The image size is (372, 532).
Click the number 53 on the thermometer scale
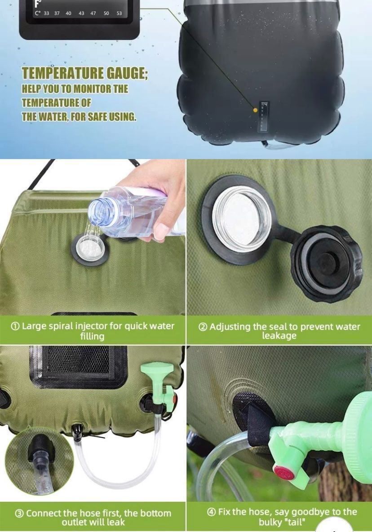click(x=119, y=13)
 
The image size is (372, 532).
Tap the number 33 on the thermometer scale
click(x=46, y=13)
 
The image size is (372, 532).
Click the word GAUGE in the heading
click(x=127, y=73)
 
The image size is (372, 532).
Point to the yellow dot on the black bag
click(x=255, y=110)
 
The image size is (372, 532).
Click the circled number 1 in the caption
click(x=15, y=326)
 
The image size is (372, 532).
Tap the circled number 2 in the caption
click(x=203, y=327)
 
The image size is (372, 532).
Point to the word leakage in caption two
click(x=279, y=336)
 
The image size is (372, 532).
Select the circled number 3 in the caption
click(x=19, y=514)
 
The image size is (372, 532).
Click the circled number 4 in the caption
click(x=211, y=512)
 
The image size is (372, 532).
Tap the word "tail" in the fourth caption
click(x=299, y=522)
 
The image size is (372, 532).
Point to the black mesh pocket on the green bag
click(x=78, y=366)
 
